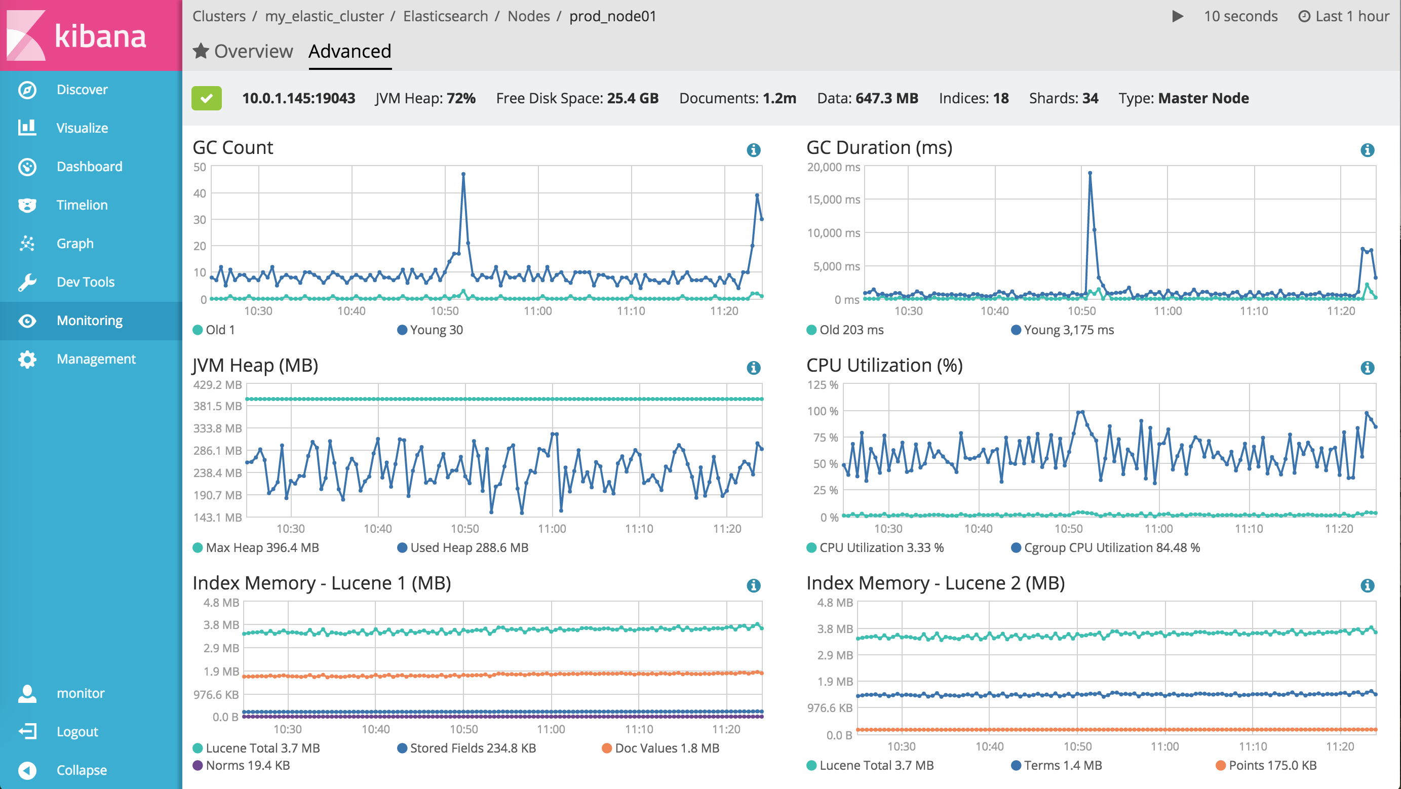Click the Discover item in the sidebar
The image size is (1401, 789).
point(82,90)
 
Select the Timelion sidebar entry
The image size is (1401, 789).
point(82,205)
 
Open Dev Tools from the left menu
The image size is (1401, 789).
point(85,282)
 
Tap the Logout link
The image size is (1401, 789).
point(76,732)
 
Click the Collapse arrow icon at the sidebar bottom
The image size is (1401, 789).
point(27,770)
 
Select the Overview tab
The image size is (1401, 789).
point(243,51)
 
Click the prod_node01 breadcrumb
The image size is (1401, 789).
point(612,16)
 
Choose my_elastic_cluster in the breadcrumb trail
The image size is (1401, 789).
point(324,16)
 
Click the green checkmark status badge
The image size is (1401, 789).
point(206,98)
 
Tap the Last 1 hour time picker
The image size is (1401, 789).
point(1344,16)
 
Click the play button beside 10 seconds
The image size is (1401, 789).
point(1178,16)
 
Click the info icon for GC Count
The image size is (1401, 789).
point(753,150)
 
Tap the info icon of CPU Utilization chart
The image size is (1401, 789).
point(1367,368)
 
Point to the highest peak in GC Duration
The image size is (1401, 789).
point(1089,174)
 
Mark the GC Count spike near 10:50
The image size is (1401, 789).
point(463,175)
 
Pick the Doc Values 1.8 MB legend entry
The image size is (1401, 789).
point(660,748)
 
